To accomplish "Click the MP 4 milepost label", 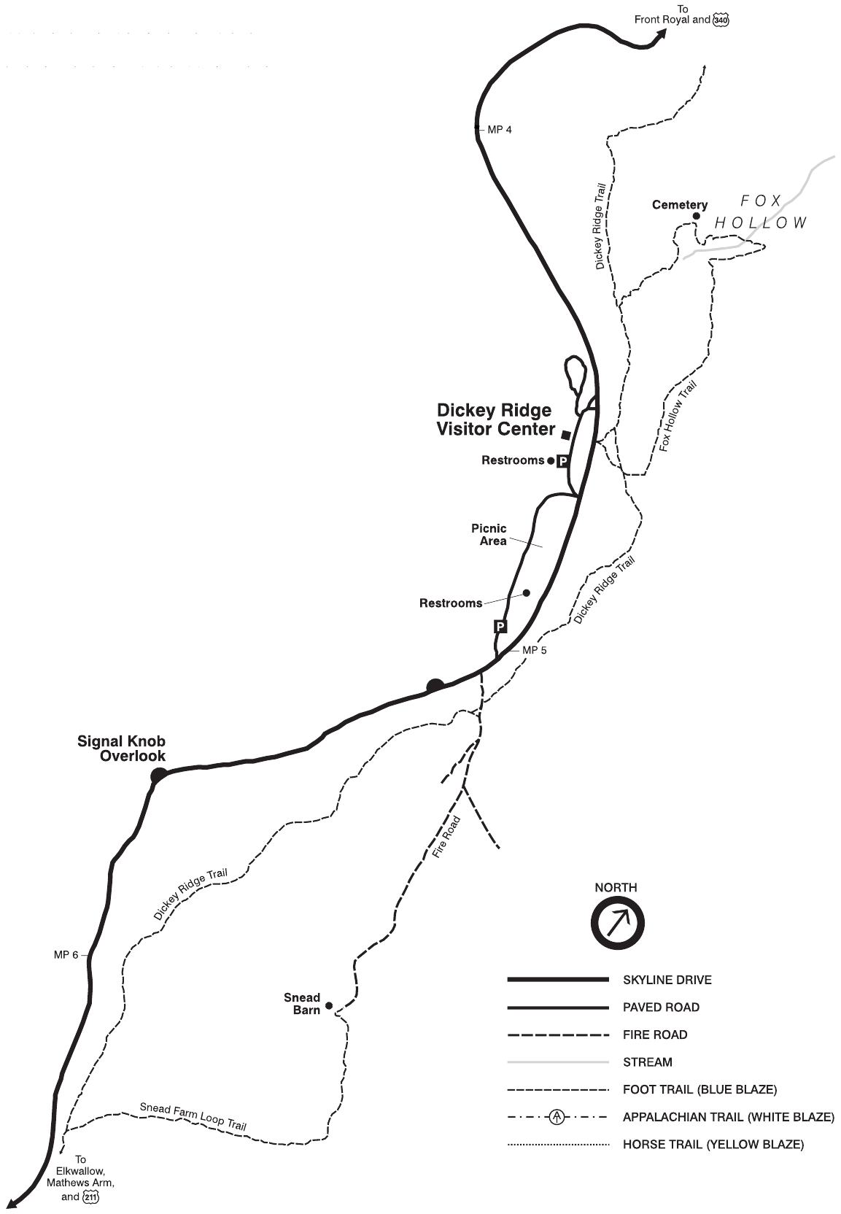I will point(500,130).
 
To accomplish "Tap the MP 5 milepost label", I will point(533,650).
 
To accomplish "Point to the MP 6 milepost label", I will point(66,955).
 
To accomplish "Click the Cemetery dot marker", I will point(696,216).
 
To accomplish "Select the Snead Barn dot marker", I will point(329,1005).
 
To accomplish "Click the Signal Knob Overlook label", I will point(122,749).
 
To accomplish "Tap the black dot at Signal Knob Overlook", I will point(158,775).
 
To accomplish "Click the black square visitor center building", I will point(566,436).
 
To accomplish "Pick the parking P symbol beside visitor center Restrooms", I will point(562,461).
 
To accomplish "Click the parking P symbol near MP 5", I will point(500,626).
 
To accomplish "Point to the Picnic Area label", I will point(489,534).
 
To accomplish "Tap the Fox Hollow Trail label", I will point(678,415).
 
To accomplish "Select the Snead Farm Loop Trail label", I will point(193,1116).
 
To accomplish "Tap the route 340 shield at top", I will point(721,20).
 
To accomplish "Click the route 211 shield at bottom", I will point(90,1196).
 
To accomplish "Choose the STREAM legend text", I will point(647,1062).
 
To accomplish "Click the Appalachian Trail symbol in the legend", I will point(557,1117).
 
